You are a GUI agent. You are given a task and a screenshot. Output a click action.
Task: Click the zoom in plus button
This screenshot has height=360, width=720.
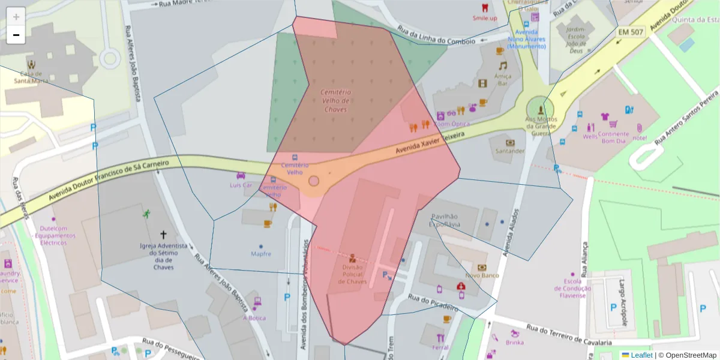pyautogui.click(x=16, y=16)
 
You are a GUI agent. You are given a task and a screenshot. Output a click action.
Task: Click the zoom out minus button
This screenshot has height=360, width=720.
pyautogui.click(x=16, y=35)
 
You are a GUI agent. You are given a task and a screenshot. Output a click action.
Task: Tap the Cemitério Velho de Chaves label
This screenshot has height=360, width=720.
pyautogui.click(x=336, y=101)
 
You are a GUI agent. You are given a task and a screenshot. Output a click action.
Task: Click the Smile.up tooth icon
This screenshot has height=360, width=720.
pyautogui.click(x=485, y=8)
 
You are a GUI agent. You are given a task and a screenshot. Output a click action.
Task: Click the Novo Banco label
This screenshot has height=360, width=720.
pyautogui.click(x=482, y=275)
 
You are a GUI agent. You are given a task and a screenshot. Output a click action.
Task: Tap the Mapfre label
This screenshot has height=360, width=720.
pyautogui.click(x=261, y=254)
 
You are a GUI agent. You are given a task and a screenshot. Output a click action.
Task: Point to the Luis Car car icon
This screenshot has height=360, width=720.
pyautogui.click(x=241, y=175)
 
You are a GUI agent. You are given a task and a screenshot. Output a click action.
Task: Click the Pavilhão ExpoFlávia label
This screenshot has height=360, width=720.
pyautogui.click(x=444, y=220)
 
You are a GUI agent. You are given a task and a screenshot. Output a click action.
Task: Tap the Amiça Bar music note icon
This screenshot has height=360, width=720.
pyautogui.click(x=503, y=65)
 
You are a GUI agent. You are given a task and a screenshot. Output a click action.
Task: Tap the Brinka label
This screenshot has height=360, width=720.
pyautogui.click(x=514, y=343)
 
